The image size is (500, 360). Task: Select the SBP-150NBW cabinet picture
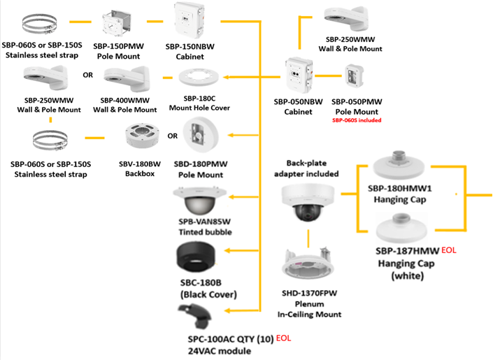[194, 22]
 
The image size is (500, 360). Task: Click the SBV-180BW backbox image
[142, 138]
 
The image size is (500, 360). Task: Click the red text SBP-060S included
[354, 120]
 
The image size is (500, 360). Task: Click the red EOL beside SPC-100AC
[284, 338]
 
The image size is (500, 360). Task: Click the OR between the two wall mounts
[88, 73]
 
